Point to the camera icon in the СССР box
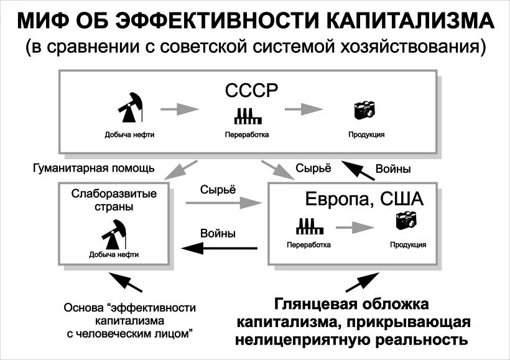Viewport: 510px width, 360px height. coord(365,110)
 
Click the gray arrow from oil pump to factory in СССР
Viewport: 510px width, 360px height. coord(180,109)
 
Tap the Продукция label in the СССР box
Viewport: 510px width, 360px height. coord(366,134)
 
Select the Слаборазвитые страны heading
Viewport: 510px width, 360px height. coord(114,200)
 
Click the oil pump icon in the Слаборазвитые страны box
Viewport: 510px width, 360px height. coord(113,233)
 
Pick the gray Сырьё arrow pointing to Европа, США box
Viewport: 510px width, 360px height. coord(222,202)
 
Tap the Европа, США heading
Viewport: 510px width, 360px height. coord(364,200)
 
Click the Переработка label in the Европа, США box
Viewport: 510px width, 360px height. coord(308,245)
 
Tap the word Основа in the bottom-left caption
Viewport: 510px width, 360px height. coord(84,308)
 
